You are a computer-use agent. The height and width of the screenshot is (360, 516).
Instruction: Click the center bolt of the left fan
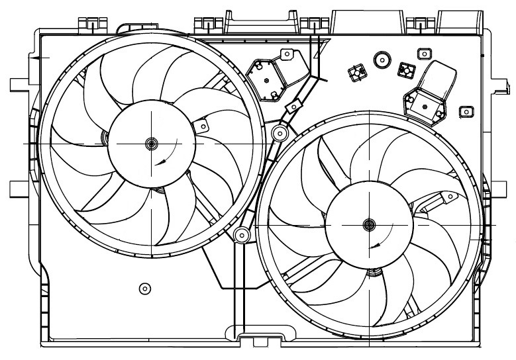click(151, 143)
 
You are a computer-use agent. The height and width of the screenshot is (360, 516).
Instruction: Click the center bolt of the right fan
click(369, 225)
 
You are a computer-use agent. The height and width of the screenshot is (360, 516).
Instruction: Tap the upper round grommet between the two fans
click(280, 134)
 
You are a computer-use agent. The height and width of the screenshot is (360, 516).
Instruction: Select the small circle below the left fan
click(145, 288)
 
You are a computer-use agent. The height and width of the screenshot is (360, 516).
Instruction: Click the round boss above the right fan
click(381, 60)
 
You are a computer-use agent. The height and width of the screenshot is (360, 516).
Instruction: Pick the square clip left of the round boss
click(358, 71)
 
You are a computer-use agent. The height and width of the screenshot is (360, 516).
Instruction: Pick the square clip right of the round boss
click(404, 68)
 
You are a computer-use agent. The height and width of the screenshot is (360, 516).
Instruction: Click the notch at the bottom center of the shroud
click(260, 340)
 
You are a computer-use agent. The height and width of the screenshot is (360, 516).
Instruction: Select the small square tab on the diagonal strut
click(289, 107)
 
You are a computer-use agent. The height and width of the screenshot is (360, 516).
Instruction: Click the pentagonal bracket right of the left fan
click(266, 77)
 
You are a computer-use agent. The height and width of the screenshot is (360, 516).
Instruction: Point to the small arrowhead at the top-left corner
click(44, 58)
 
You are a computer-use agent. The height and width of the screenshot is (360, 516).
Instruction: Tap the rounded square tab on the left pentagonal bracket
click(287, 54)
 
